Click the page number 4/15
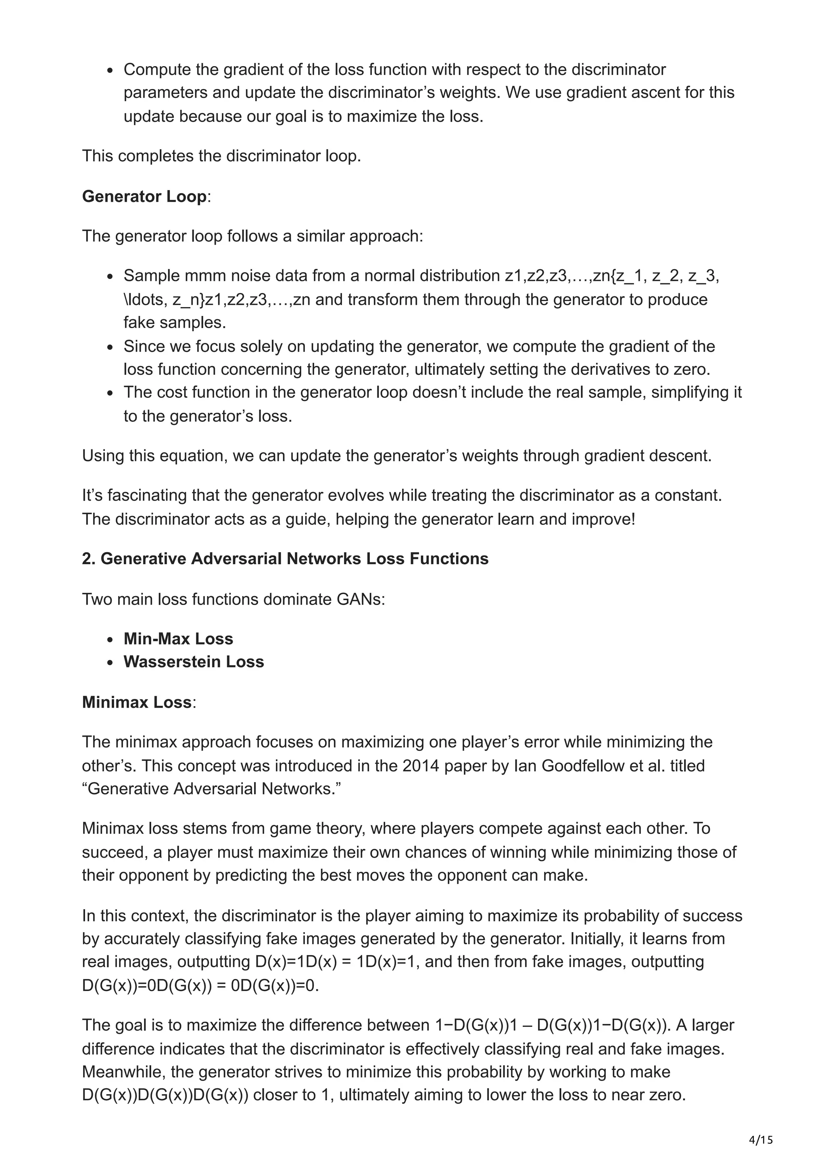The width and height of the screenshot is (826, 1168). tap(761, 1141)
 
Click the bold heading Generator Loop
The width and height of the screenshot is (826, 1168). tap(144, 196)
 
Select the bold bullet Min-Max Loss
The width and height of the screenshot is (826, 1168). tap(178, 638)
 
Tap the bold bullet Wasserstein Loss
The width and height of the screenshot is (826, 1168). tap(194, 661)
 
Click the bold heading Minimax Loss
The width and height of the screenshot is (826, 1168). tap(136, 702)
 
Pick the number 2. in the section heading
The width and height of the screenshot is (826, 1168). tap(89, 559)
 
